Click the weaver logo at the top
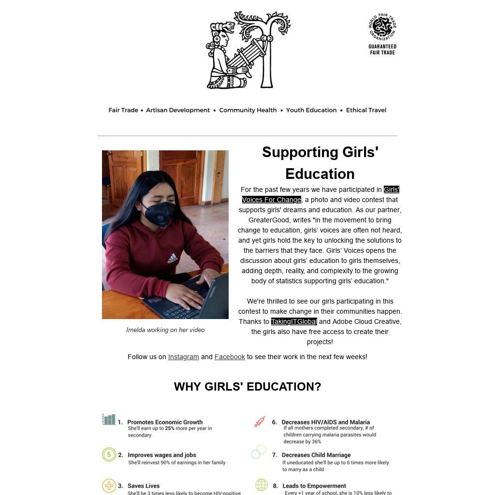[x=247, y=50]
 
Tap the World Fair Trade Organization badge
[x=382, y=34]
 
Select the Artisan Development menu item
[x=178, y=110]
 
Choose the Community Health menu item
[x=247, y=110]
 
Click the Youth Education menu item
[x=311, y=110]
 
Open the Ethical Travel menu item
[x=366, y=110]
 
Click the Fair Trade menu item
[x=123, y=110]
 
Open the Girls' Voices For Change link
[x=272, y=200]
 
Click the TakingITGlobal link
[x=293, y=321]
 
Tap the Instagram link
[x=183, y=357]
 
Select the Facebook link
[x=230, y=357]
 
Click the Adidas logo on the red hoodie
[x=173, y=259]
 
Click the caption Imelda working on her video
[x=165, y=330]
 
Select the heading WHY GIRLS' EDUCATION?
[x=247, y=387]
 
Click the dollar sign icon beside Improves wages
[x=109, y=454]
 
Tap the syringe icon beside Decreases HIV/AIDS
[x=260, y=422]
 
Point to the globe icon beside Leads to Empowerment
[x=261, y=485]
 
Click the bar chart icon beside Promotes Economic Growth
[x=109, y=419]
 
